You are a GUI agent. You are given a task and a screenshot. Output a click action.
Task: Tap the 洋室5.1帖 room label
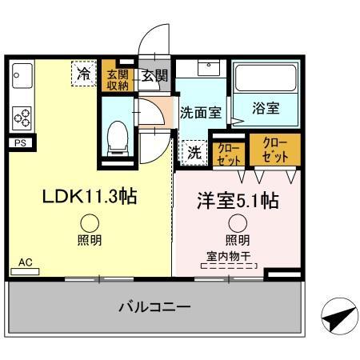[x=238, y=200]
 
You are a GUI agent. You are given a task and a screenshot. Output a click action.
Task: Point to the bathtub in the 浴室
[x=266, y=82]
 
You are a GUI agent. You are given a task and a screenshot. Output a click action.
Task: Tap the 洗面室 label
[x=201, y=112]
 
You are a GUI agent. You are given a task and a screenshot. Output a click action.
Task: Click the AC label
[x=25, y=262]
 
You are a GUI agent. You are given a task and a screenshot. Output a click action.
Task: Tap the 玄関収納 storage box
[x=118, y=81]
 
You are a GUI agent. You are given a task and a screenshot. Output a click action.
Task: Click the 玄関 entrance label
[x=155, y=76]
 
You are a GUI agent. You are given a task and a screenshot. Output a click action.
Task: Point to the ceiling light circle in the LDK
[x=90, y=224]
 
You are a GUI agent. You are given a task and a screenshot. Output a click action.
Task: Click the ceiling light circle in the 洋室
[x=237, y=224]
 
